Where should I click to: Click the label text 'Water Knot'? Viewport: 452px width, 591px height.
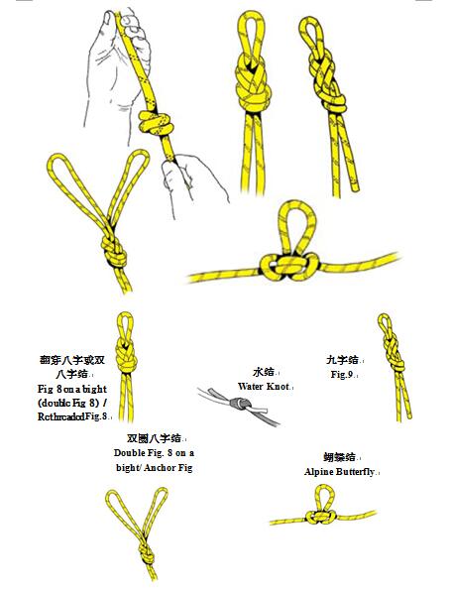pos(264,386)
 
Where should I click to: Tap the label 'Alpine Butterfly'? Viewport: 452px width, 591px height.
pos(340,472)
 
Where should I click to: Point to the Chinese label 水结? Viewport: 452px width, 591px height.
pos(263,371)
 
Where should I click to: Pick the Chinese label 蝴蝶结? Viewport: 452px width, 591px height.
pos(339,457)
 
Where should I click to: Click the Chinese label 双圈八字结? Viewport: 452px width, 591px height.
pos(153,437)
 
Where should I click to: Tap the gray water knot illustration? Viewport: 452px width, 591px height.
pos(239,405)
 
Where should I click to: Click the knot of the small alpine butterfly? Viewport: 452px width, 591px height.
pos(319,520)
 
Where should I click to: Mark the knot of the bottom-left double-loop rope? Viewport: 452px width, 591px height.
pos(144,548)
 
